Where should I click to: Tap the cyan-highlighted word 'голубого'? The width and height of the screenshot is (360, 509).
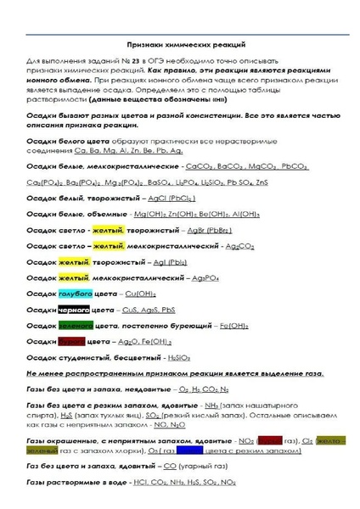(73, 293)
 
